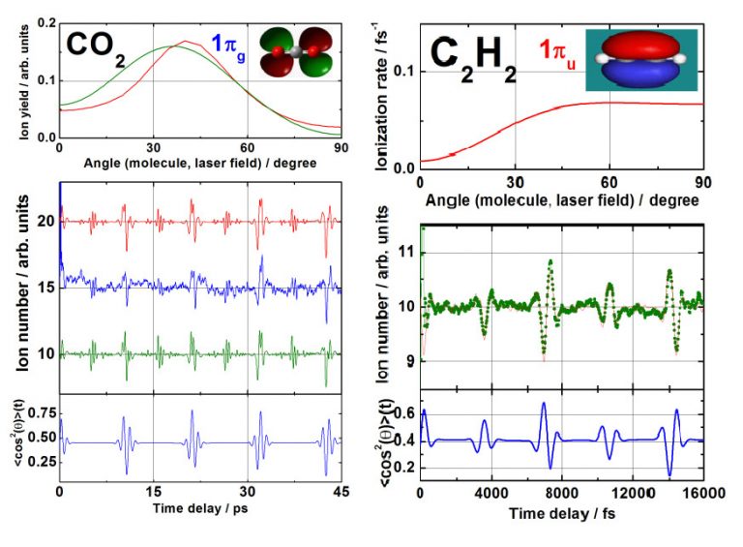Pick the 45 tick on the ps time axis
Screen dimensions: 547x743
click(341, 491)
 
